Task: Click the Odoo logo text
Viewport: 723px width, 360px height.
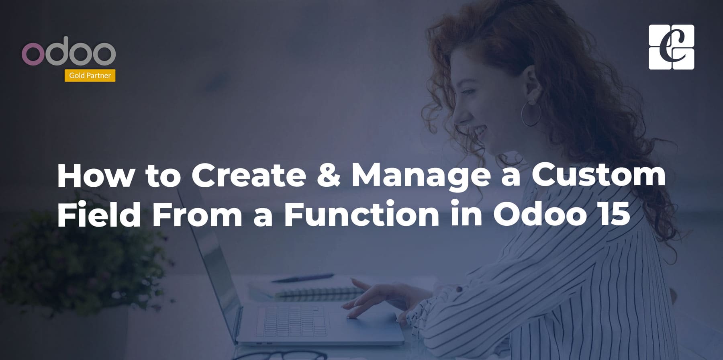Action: [69, 51]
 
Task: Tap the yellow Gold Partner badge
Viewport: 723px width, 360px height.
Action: [90, 76]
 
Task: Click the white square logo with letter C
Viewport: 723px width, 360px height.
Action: [671, 47]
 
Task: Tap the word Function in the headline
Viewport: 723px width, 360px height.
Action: [361, 214]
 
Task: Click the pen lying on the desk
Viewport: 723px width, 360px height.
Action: [303, 278]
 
